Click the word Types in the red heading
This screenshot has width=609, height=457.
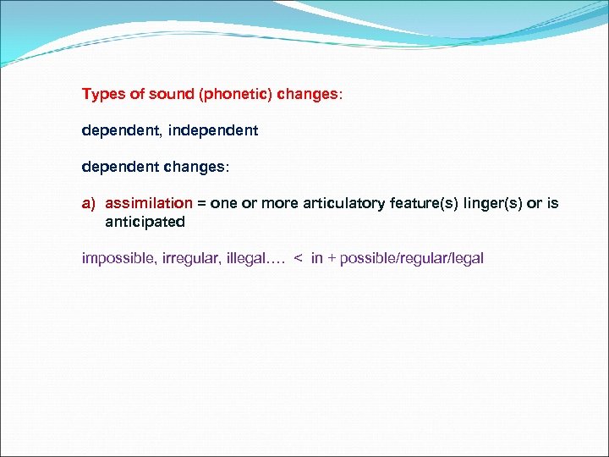101,94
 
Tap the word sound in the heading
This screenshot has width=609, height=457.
169,94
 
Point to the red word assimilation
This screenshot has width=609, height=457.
149,204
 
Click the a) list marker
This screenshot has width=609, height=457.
90,204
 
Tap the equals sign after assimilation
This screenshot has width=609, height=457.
202,204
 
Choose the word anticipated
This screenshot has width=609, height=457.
145,223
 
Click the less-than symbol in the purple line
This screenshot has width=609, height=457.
298,258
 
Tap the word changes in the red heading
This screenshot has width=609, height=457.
310,94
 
